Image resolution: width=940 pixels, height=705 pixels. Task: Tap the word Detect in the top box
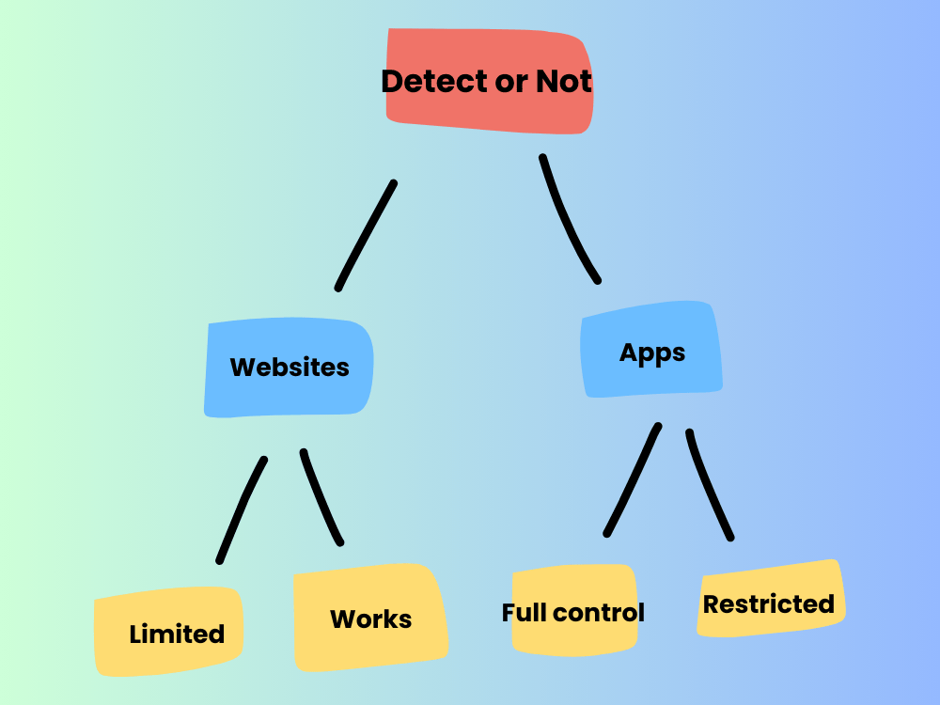tap(428, 82)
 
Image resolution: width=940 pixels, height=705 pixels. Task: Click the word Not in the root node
tap(564, 82)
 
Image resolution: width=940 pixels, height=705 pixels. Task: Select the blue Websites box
tap(289, 395)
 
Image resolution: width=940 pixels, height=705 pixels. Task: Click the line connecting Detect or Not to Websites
tap(366, 235)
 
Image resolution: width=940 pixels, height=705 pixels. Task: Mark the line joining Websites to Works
tap(321, 498)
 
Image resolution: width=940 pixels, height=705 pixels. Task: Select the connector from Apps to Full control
tap(633, 479)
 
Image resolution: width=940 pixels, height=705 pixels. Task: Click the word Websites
tap(290, 367)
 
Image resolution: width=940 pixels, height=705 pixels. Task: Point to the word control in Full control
tap(599, 613)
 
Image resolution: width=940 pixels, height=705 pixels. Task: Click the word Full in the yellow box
tap(525, 613)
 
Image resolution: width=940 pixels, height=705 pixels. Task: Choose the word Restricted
tap(769, 604)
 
